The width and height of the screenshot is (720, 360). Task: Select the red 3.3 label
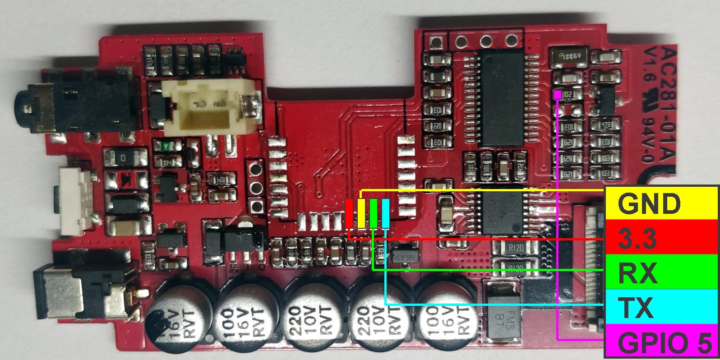661,238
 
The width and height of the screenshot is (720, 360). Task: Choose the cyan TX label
661,307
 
